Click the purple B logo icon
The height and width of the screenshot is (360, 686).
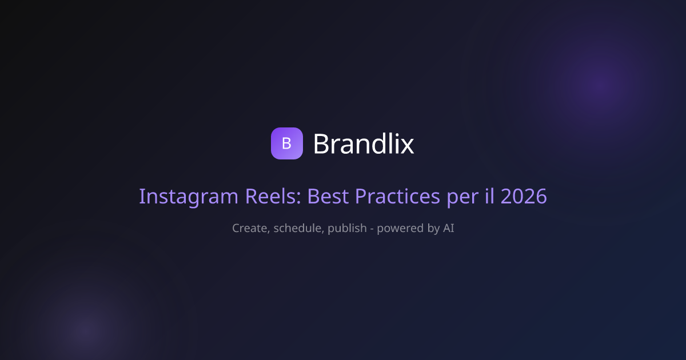pyautogui.click(x=286, y=143)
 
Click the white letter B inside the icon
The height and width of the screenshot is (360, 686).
pyautogui.click(x=286, y=143)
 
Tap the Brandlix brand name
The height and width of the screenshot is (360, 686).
pyautogui.click(x=364, y=143)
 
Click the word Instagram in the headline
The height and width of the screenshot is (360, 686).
pyautogui.click(x=189, y=197)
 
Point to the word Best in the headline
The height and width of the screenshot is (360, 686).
pyautogui.click(x=328, y=196)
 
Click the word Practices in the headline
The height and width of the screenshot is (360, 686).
pyautogui.click(x=397, y=196)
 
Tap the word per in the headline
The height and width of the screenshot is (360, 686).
pyautogui.click(x=462, y=198)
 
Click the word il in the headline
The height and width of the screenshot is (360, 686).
pyautogui.click(x=489, y=195)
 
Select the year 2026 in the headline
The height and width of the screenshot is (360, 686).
pyautogui.click(x=524, y=196)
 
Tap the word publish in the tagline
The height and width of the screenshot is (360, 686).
pyautogui.click(x=347, y=229)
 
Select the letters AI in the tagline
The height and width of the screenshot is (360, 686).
pyautogui.click(x=449, y=228)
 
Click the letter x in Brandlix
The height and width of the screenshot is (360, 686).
pyautogui.click(x=406, y=146)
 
